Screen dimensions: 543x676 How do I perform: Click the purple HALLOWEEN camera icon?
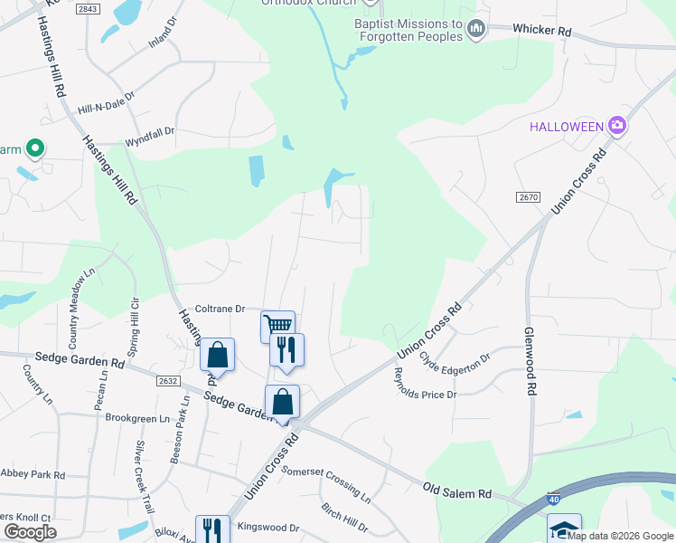point(618,125)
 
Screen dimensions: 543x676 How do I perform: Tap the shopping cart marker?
point(277,325)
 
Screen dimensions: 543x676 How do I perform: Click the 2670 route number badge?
point(529,197)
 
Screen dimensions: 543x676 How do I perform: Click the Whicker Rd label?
point(542,31)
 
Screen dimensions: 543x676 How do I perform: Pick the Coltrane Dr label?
point(221,309)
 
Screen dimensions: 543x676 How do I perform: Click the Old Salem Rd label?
point(457,491)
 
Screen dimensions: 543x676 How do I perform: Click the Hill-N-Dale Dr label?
point(106,101)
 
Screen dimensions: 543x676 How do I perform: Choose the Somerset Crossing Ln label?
point(325,484)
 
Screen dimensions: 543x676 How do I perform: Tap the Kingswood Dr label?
point(268,527)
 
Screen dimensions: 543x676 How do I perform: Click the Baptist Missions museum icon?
point(476,32)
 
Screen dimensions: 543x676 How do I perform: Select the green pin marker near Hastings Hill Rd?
point(35,147)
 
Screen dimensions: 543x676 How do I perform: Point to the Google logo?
point(30,532)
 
